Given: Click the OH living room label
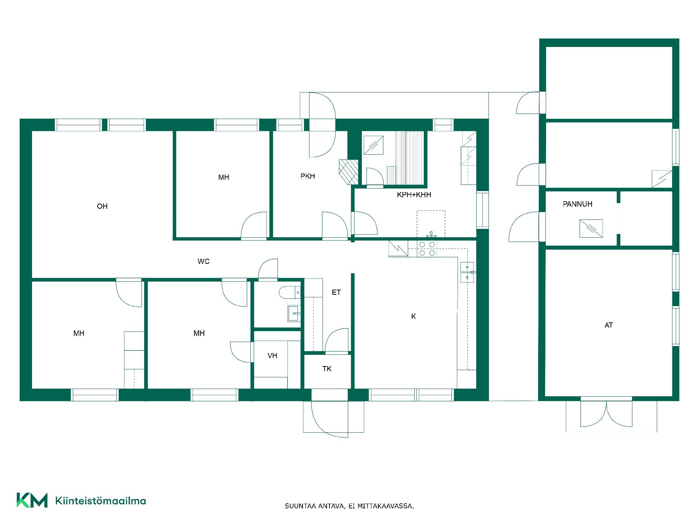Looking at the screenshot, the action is [102, 206].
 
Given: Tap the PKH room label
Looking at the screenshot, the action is [308, 176].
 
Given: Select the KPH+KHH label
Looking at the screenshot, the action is [414, 195].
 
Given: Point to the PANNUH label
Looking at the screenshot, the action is [578, 204].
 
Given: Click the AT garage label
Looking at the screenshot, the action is [609, 325].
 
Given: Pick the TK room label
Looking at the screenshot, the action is [327, 369].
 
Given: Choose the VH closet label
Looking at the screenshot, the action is [272, 356].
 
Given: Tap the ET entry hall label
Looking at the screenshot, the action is [336, 292].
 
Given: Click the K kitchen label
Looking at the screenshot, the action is [414, 317].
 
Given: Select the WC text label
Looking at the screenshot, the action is [204, 261].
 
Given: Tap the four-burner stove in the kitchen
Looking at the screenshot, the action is [427, 249].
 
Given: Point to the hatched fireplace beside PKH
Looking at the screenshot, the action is [348, 172].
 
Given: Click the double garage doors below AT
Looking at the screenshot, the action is [606, 414].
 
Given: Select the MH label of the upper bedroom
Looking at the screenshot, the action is [224, 177].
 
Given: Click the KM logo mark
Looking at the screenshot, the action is [32, 500].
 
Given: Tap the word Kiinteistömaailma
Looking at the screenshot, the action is [100, 501].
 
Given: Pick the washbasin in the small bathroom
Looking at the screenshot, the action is [294, 313].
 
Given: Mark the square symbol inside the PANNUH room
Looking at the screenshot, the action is [591, 228].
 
